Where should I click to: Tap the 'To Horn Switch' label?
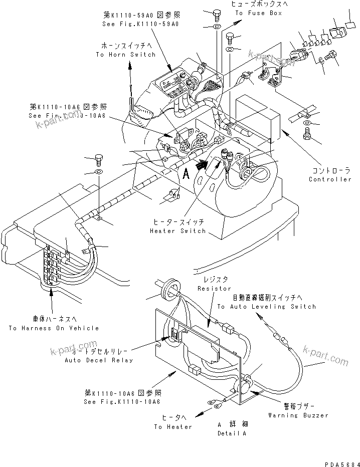tap(125, 55)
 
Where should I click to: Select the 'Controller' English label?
tap(330, 179)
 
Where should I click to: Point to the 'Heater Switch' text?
tap(177, 231)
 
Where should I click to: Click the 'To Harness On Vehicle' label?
tap(54, 328)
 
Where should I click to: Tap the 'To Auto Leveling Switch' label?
tap(266, 307)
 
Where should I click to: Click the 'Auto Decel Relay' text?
tap(99, 360)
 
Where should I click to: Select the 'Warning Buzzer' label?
tap(298, 415)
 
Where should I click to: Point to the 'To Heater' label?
tap(173, 427)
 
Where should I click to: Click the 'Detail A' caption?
tap(232, 433)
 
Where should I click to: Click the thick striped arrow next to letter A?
tap(202, 165)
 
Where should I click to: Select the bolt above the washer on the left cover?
tap(99, 161)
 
